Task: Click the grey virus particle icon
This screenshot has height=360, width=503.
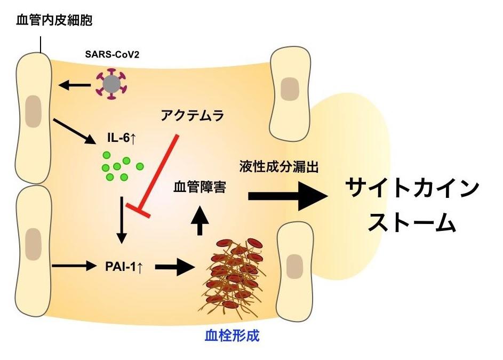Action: pos(111,84)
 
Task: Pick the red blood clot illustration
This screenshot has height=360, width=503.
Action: pos(236,275)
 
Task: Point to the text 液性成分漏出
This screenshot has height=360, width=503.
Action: pos(278,167)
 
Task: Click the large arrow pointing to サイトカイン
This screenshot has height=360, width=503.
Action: pos(288,196)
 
